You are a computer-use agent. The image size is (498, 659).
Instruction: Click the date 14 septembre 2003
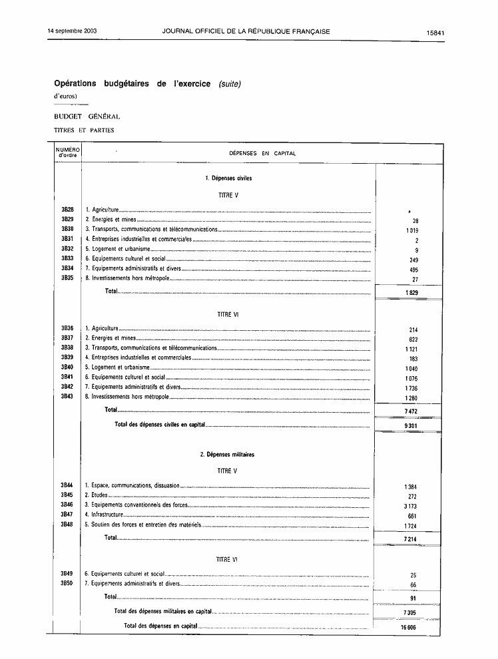click(x=72, y=31)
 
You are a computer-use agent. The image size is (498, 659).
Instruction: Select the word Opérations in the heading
click(x=75, y=84)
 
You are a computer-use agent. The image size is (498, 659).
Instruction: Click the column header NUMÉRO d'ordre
click(x=67, y=153)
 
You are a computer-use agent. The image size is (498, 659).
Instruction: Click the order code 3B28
click(x=67, y=210)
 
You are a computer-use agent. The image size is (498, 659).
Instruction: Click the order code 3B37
click(x=67, y=338)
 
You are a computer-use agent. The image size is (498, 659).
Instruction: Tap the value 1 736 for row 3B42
click(x=410, y=388)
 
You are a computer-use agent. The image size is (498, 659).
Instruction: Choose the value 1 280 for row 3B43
click(x=410, y=398)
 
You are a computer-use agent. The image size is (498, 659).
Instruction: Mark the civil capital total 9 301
click(x=410, y=425)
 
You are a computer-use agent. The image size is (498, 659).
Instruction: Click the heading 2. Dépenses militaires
click(x=227, y=455)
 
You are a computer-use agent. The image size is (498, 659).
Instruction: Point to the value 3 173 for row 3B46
click(x=410, y=507)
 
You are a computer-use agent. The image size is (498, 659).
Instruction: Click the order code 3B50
click(x=67, y=583)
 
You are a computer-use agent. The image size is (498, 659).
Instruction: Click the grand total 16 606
click(x=408, y=627)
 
